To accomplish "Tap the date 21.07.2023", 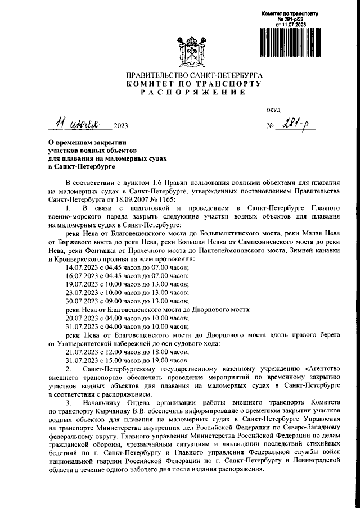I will pyautogui.click(x=82, y=351).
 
